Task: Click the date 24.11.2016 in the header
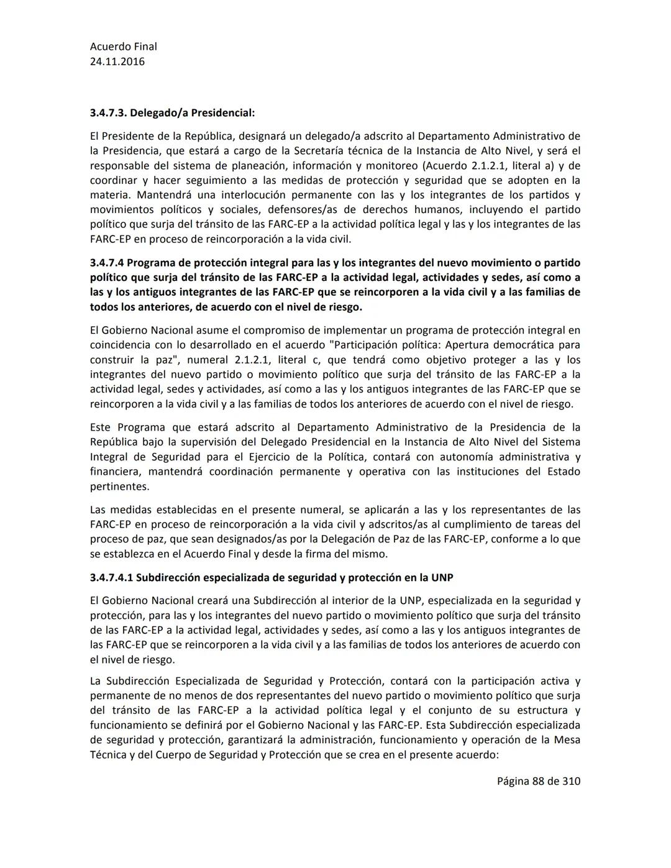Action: click(x=117, y=62)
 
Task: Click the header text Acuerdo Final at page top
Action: click(x=124, y=47)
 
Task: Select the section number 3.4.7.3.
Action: click(x=108, y=113)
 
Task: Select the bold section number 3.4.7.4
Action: click(x=107, y=263)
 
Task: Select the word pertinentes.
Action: click(x=119, y=487)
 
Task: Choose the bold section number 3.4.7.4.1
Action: click(x=111, y=577)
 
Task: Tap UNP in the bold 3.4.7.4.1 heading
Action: click(x=442, y=577)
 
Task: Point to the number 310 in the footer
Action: click(x=571, y=781)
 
